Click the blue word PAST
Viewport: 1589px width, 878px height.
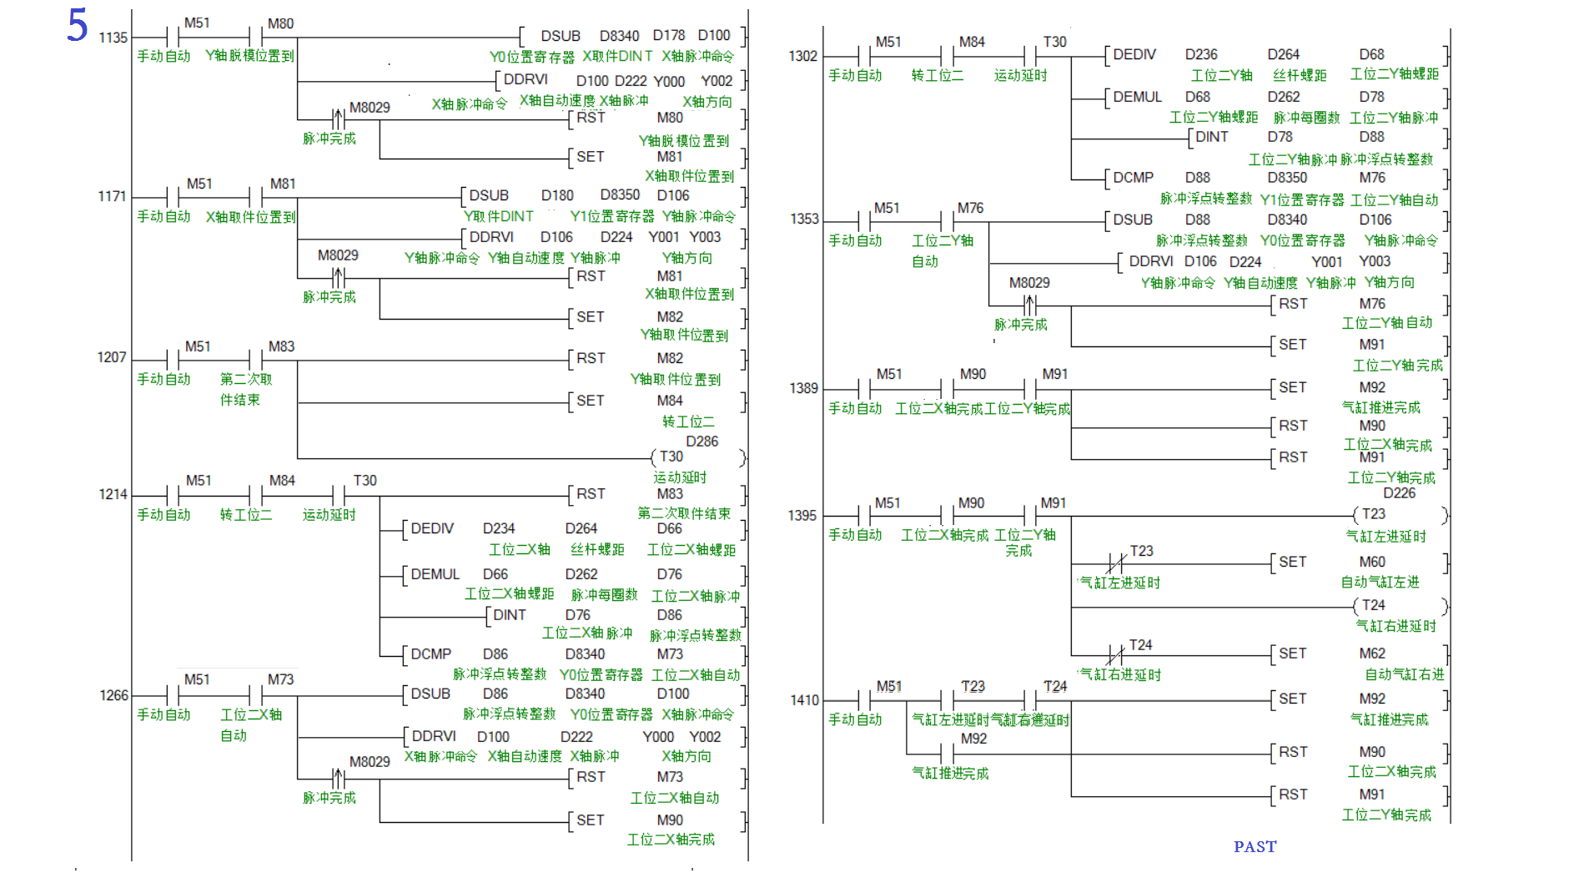pos(1255,846)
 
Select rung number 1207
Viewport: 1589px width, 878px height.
pos(112,357)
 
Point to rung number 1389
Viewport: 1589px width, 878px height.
pos(803,388)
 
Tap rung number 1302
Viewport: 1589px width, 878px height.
pos(802,56)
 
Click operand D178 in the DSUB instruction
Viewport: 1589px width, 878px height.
pos(668,35)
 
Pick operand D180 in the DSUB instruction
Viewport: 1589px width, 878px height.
pos(557,195)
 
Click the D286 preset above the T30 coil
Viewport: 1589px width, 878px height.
pos(701,442)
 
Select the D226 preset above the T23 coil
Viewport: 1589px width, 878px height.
pos(1399,493)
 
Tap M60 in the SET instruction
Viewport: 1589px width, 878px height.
pos(1371,562)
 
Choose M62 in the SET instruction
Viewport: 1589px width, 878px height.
pos(1371,653)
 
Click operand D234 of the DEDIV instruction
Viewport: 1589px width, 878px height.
pos(499,528)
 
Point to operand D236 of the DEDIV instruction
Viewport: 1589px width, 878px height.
pos(1201,54)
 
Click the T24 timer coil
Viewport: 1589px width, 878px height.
pos(1373,605)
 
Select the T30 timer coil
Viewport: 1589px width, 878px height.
pos(671,457)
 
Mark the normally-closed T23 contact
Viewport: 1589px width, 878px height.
pos(1115,563)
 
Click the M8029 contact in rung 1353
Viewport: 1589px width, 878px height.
pos(1030,305)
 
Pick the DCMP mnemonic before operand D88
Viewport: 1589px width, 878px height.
pos(1133,178)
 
